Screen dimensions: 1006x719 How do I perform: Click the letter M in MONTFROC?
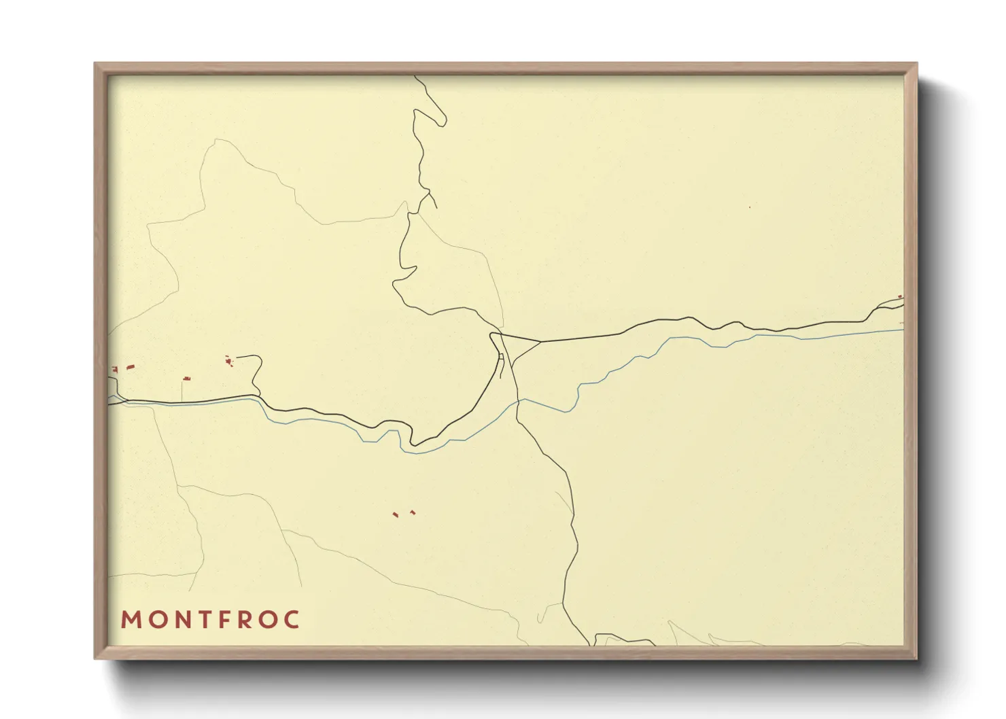pos(131,620)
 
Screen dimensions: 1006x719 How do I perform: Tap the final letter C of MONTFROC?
pos(293,620)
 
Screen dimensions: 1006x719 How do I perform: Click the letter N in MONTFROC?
pos(181,620)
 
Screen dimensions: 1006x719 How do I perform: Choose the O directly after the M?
pos(156,620)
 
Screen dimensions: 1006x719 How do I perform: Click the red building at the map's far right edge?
pos(901,297)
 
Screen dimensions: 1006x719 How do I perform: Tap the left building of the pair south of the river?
pos(395,515)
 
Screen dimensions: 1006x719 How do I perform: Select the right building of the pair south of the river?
pos(412,512)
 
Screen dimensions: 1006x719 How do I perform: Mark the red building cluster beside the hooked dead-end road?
pos(229,360)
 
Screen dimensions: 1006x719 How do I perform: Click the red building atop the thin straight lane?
pos(186,378)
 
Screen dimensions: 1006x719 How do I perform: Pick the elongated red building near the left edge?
pos(131,367)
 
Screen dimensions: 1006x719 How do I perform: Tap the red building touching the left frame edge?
pos(114,369)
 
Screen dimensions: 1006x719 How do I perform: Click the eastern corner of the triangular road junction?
pos(540,341)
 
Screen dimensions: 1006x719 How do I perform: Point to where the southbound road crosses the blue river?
pos(518,401)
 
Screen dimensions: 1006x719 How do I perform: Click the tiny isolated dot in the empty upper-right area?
pos(750,207)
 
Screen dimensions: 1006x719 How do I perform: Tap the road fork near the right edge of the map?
pos(877,309)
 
